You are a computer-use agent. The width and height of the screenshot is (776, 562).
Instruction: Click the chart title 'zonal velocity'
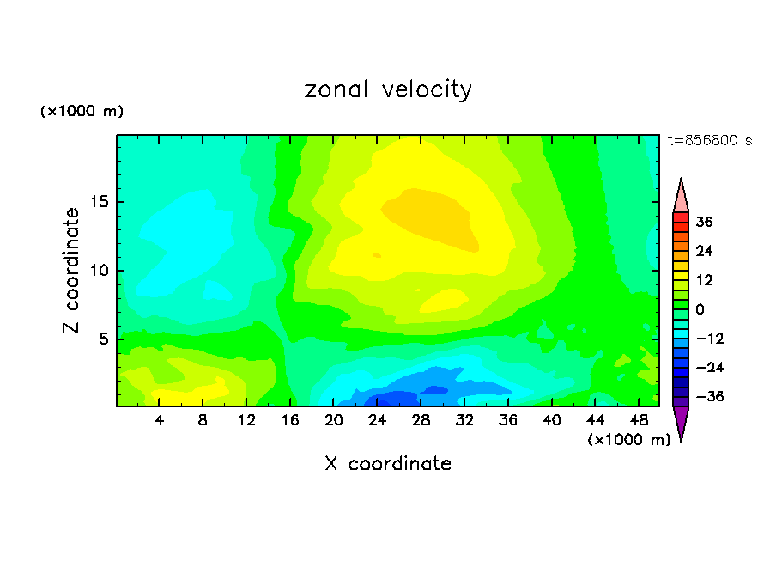pyautogui.click(x=388, y=89)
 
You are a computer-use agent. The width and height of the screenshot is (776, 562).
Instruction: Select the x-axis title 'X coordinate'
pyautogui.click(x=388, y=464)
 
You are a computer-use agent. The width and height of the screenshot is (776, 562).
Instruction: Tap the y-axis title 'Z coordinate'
pyautogui.click(x=72, y=271)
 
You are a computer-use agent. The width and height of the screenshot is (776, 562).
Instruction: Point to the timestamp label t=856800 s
pyautogui.click(x=710, y=141)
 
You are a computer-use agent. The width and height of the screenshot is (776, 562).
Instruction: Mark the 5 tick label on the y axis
pyautogui.click(x=100, y=339)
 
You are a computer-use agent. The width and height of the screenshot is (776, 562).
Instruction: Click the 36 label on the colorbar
pyautogui.click(x=705, y=222)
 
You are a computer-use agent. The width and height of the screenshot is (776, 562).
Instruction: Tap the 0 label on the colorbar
pyautogui.click(x=700, y=309)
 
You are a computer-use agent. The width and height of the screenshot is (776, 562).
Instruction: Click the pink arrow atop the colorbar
pyautogui.click(x=681, y=195)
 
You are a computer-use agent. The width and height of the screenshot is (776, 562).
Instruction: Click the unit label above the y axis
pyautogui.click(x=82, y=112)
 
